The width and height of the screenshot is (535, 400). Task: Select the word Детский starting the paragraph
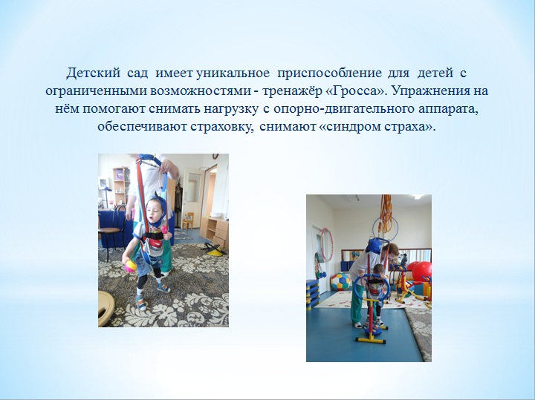tap(94, 73)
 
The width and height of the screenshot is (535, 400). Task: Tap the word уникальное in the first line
tap(233, 73)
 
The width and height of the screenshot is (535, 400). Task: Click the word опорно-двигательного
tap(343, 108)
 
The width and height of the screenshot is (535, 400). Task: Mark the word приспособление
tap(330, 73)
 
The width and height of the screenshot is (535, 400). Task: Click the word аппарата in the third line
tap(448, 108)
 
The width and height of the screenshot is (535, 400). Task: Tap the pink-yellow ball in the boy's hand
tap(130, 266)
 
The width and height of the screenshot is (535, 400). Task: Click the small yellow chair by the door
tap(188, 220)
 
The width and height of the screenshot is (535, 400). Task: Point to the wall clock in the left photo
tap(215, 156)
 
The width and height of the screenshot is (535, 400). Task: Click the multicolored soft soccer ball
tap(340, 281)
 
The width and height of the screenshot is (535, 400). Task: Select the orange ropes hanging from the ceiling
tap(386, 214)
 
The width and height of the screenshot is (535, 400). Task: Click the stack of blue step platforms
tap(312, 295)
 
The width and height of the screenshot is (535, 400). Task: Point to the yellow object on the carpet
tap(215, 251)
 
